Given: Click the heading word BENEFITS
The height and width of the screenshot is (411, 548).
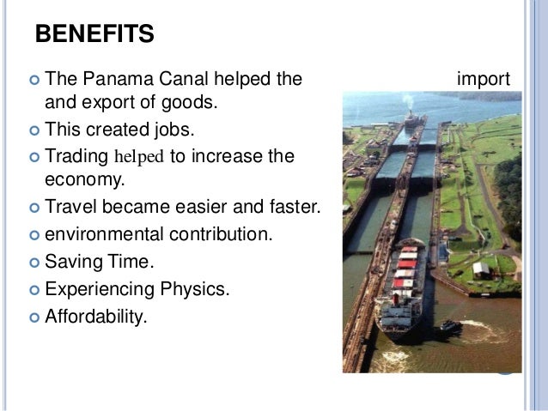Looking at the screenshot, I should click(94, 35).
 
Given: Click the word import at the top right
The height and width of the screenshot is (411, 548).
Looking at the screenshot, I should click(484, 81).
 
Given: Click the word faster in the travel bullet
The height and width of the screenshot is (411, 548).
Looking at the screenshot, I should click(291, 207).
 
